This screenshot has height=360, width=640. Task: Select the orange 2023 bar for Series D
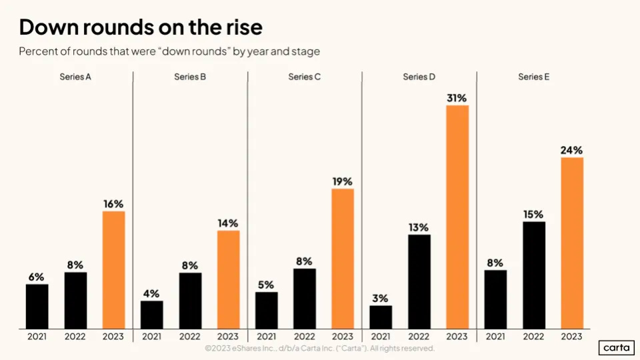tap(457, 217)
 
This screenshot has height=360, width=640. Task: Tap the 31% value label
tap(457, 97)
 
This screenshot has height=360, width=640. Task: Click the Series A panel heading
tap(75, 77)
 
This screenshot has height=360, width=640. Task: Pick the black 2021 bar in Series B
tap(152, 315)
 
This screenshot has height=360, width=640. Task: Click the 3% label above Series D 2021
tap(381, 298)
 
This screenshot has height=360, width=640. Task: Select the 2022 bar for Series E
tap(534, 275)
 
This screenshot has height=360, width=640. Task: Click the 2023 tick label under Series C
tap(343, 337)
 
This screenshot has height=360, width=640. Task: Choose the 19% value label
tap(343, 181)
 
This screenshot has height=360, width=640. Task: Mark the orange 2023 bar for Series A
tap(113, 269)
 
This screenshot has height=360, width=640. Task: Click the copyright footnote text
tap(320, 348)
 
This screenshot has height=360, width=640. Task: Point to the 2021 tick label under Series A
tap(37, 337)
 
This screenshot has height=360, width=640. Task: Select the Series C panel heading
tap(305, 77)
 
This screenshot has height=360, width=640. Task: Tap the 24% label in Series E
tap(572, 150)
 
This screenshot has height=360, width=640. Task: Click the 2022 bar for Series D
tap(419, 281)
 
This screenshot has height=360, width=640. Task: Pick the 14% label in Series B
tap(228, 223)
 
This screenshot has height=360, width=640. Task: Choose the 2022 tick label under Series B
tap(190, 337)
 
